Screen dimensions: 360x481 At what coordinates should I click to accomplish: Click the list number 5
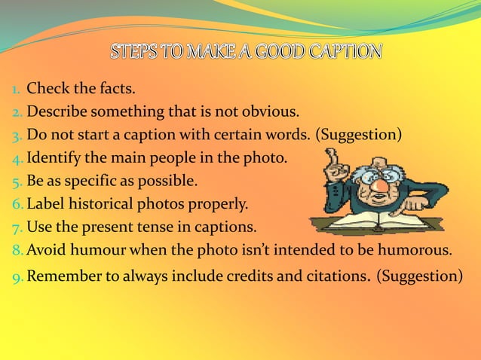15,182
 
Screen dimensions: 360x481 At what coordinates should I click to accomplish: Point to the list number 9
15,276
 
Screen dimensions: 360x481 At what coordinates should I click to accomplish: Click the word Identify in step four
54,158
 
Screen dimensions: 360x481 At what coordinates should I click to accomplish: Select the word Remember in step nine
61,276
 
